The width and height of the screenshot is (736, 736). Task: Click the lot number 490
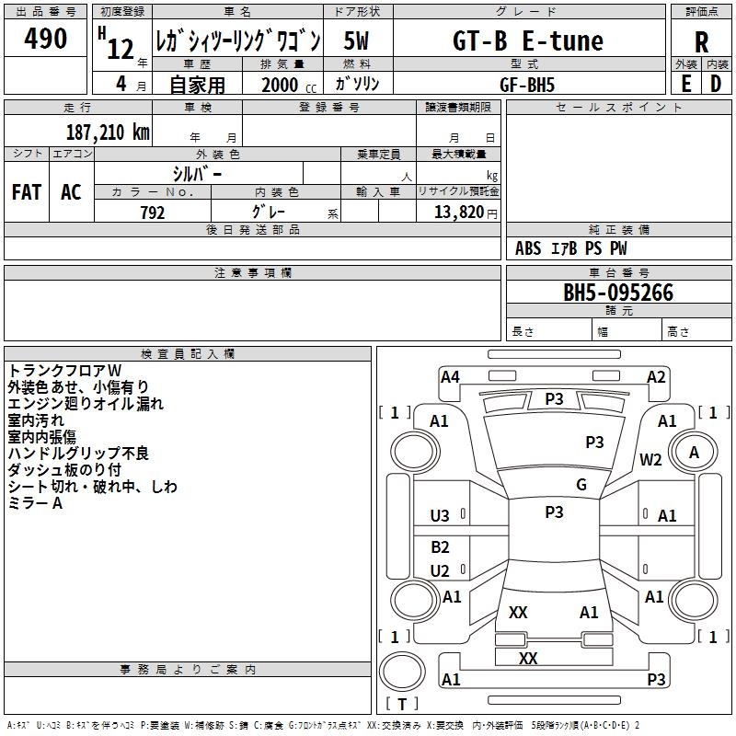coord(45,40)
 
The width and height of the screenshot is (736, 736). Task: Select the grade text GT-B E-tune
coord(528,41)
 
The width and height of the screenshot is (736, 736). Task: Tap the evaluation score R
coord(701,42)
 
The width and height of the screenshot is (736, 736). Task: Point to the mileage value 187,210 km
coord(108,132)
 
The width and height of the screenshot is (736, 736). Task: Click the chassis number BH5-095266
coord(618,293)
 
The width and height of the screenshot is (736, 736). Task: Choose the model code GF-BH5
coord(527,84)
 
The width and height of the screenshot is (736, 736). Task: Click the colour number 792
coord(153,213)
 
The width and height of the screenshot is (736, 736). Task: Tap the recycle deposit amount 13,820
coord(458,213)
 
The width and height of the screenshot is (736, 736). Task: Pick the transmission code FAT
coord(27,192)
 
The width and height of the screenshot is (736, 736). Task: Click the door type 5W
coord(358,41)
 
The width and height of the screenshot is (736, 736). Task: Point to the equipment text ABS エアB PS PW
coord(571,248)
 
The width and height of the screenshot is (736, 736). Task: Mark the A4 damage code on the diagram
coord(450,376)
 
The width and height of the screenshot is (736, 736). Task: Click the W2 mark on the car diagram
coord(651,460)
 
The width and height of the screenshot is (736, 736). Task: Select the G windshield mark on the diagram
coord(581,485)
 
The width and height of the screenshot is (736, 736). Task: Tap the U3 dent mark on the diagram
coord(441,516)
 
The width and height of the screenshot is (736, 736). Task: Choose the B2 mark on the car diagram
coord(441,547)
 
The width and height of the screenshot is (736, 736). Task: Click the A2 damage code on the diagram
coord(656,376)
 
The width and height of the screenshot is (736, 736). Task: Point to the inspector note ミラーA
coord(35,503)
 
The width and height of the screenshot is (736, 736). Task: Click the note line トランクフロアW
coord(58,371)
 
